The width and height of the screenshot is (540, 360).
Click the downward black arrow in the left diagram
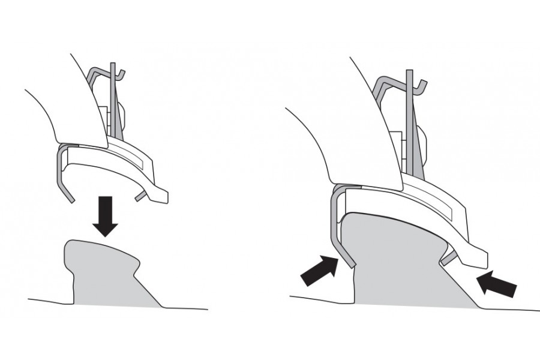pyautogui.click(x=106, y=218)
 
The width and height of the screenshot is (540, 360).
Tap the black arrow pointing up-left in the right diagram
pyautogui.click(x=499, y=283)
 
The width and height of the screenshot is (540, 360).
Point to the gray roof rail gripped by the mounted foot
pyautogui.click(x=396, y=258)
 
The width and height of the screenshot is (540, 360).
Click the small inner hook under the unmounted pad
pyautogui.click(x=140, y=195)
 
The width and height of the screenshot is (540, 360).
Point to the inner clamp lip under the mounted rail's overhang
pyautogui.click(x=447, y=259)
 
